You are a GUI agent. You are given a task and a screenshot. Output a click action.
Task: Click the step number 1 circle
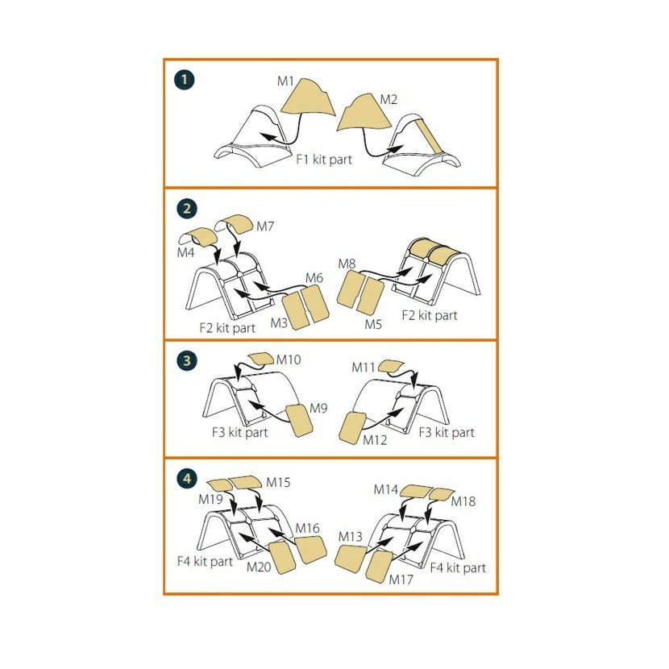click(185, 80)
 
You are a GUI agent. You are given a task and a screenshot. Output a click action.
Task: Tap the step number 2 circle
click(187, 209)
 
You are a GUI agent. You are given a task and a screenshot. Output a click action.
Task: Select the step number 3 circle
click(186, 361)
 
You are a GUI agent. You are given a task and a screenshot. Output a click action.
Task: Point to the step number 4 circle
click(186, 479)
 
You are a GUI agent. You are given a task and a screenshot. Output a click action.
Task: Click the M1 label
click(285, 81)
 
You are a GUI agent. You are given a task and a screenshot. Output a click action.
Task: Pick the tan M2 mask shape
click(364, 112)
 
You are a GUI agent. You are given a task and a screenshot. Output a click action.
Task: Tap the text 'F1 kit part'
click(324, 160)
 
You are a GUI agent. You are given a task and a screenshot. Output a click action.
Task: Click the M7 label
click(265, 226)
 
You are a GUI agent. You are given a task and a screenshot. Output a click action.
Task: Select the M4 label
click(185, 252)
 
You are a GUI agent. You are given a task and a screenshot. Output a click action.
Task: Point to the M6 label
click(314, 278)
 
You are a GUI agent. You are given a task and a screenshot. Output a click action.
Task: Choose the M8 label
click(347, 264)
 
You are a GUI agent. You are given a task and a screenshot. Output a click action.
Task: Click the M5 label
click(373, 324)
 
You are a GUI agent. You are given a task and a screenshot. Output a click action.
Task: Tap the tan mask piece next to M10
click(261, 359)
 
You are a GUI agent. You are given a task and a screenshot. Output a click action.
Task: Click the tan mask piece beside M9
click(300, 420)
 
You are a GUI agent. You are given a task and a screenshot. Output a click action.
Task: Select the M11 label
click(363, 368)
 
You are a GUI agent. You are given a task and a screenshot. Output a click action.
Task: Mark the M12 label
click(375, 440)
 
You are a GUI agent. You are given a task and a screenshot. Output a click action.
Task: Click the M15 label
click(278, 483)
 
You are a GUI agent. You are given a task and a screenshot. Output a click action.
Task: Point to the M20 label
click(259, 567)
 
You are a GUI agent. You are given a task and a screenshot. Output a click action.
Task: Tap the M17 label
click(401, 580)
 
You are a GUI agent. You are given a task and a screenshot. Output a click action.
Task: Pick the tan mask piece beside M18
click(441, 495)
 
